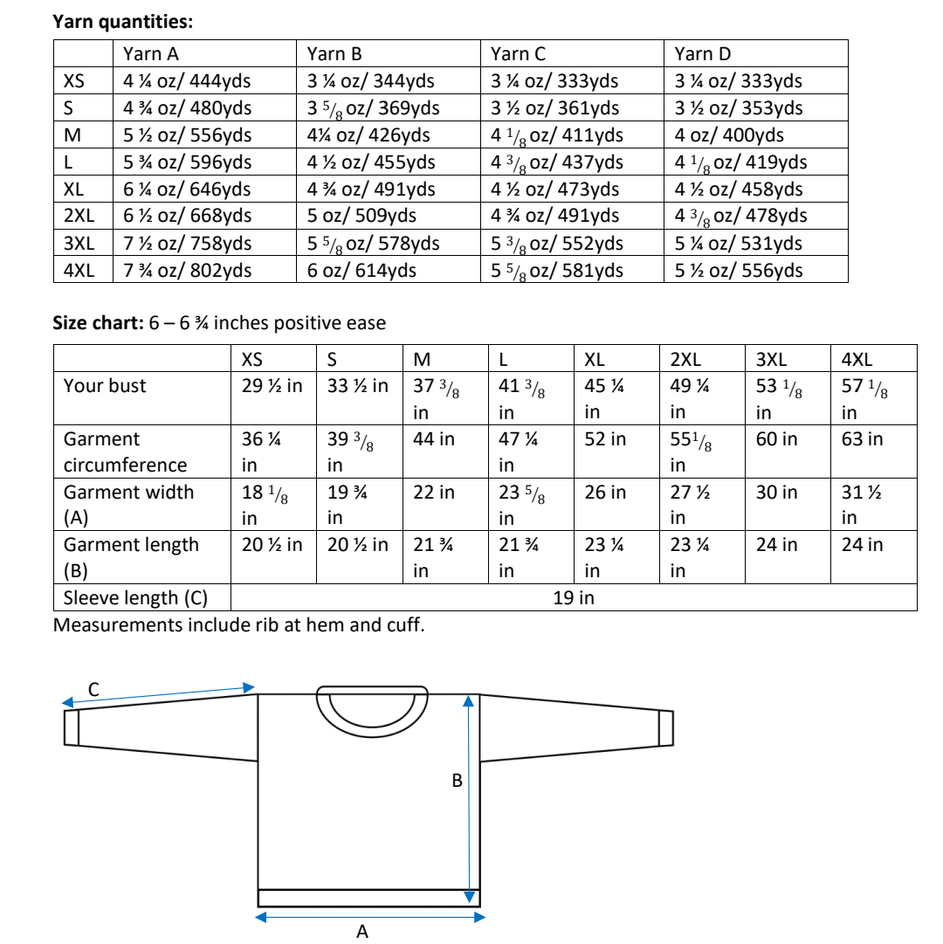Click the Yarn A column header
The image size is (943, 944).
[x=151, y=54]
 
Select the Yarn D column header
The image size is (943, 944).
[x=703, y=54]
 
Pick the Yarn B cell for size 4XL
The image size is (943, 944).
[x=361, y=271]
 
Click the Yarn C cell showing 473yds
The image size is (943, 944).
[x=555, y=189]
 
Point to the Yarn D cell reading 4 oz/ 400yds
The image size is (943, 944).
[x=729, y=135]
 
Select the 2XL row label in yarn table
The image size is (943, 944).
[x=79, y=217]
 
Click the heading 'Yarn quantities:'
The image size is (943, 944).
[x=123, y=22]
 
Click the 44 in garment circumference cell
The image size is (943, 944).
[x=434, y=439]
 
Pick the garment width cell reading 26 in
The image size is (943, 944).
[x=605, y=493]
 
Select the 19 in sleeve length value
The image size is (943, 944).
[x=574, y=598]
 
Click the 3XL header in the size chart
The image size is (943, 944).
[x=770, y=359]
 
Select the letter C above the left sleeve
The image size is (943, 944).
[x=93, y=690]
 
